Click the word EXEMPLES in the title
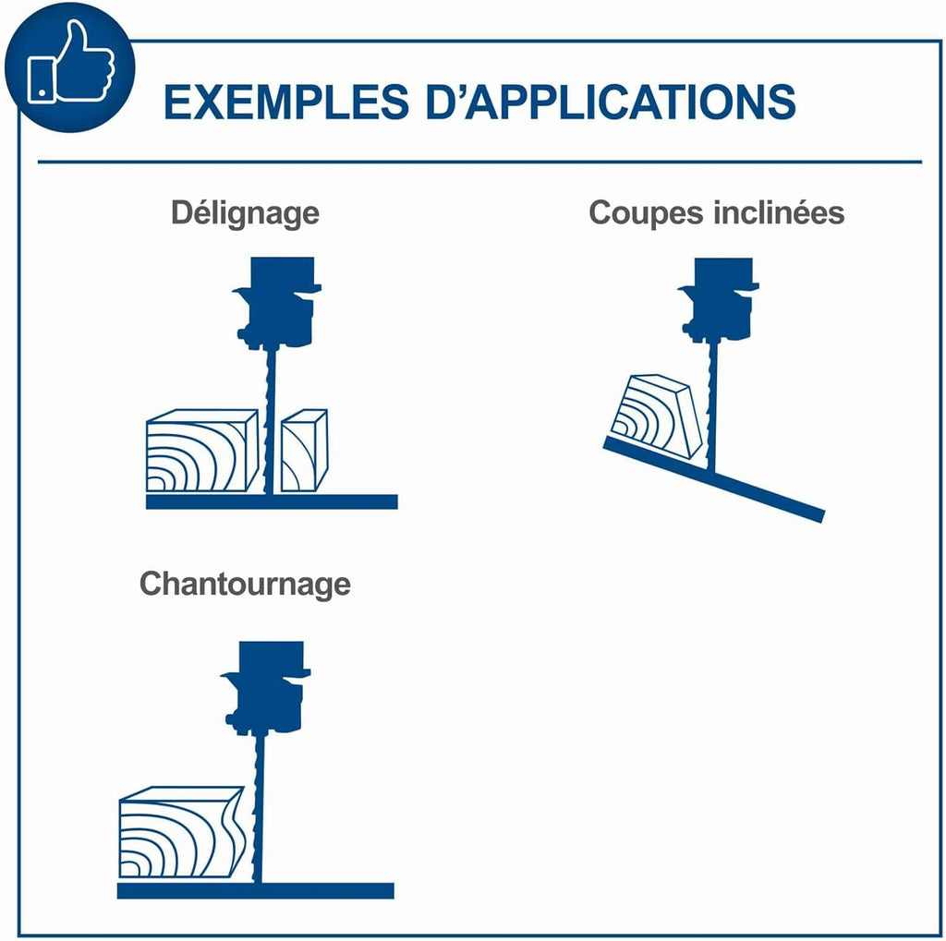286,102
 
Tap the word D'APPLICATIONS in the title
612,102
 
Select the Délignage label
245,213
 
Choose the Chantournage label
245,584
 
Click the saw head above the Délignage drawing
278,302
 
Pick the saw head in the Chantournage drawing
266,687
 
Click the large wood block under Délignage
202,451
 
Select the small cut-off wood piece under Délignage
305,451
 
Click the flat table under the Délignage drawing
272,501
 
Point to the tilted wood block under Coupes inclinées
657,416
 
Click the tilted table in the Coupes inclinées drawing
714,479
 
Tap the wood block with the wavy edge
182,832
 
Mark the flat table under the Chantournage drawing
255,891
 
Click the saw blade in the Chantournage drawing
259,808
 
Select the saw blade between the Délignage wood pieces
271,421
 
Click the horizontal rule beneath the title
479,162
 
